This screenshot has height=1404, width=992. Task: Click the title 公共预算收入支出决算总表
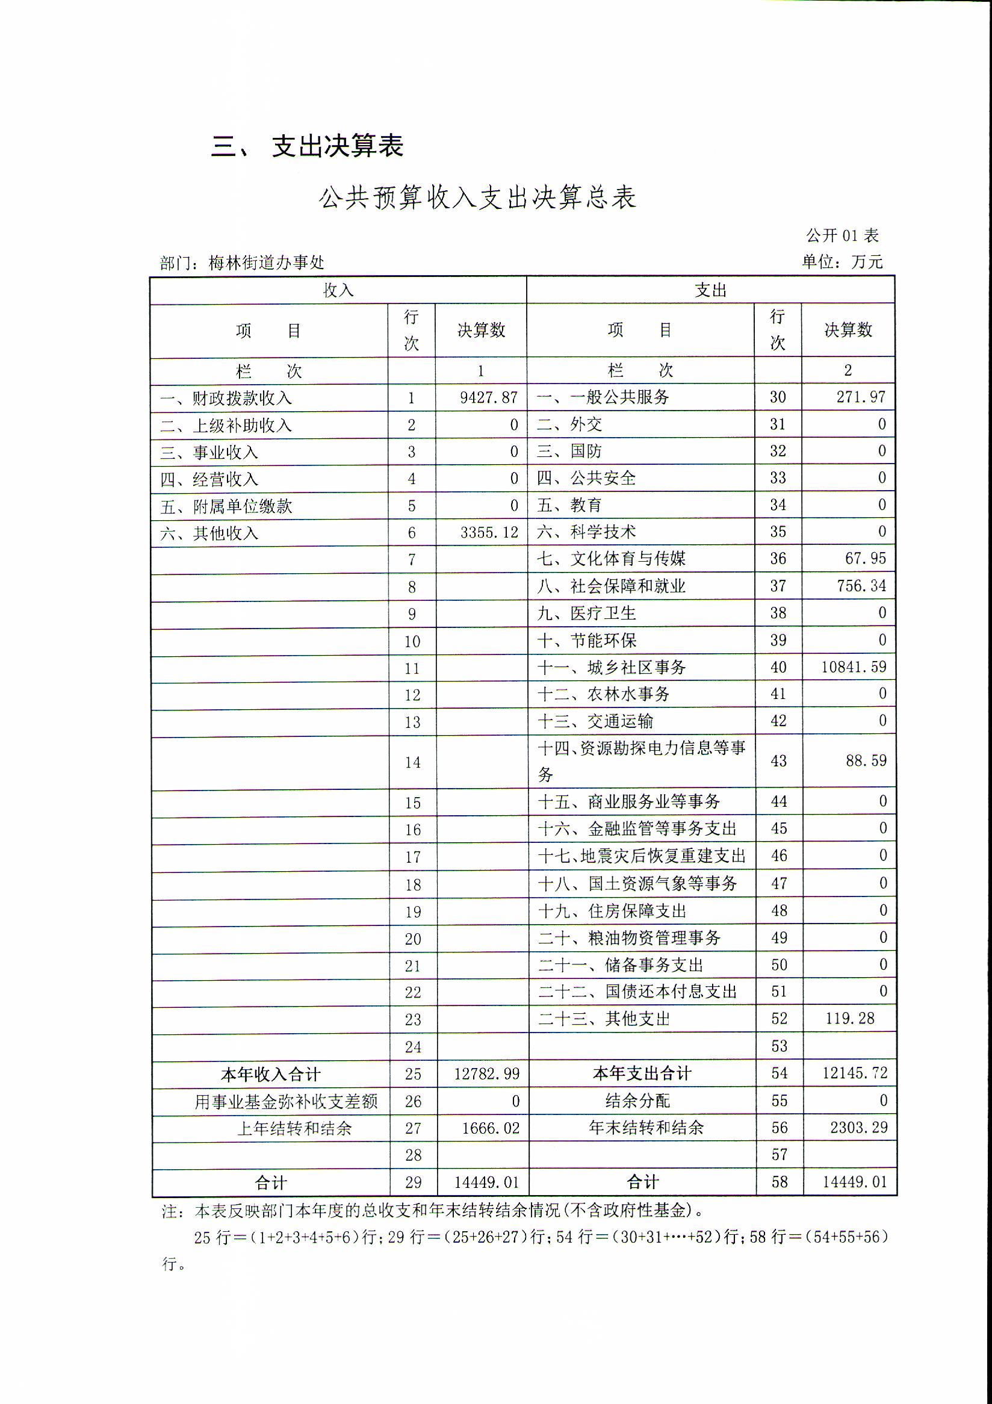[477, 197]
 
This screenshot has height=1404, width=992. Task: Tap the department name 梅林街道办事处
[266, 263]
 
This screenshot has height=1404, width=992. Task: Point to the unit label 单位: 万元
[842, 262]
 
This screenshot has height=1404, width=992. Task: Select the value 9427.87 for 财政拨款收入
[488, 397]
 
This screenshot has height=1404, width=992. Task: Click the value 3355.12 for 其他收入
[489, 533]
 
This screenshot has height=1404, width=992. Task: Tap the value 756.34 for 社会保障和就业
[861, 586]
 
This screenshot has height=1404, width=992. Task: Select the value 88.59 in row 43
[866, 761]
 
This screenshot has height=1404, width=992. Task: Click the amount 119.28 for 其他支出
[849, 1018]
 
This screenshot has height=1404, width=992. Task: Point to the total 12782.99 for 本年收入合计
[486, 1074]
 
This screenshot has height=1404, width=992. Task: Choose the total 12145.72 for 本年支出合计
[855, 1073]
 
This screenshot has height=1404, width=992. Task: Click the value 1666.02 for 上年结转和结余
[490, 1128]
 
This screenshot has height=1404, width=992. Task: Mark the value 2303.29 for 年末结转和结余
[858, 1127]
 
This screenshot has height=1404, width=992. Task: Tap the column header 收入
[338, 290]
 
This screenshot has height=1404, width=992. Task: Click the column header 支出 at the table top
[710, 290]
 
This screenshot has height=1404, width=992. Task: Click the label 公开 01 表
[842, 235]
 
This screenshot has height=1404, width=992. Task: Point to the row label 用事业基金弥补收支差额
[286, 1101]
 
